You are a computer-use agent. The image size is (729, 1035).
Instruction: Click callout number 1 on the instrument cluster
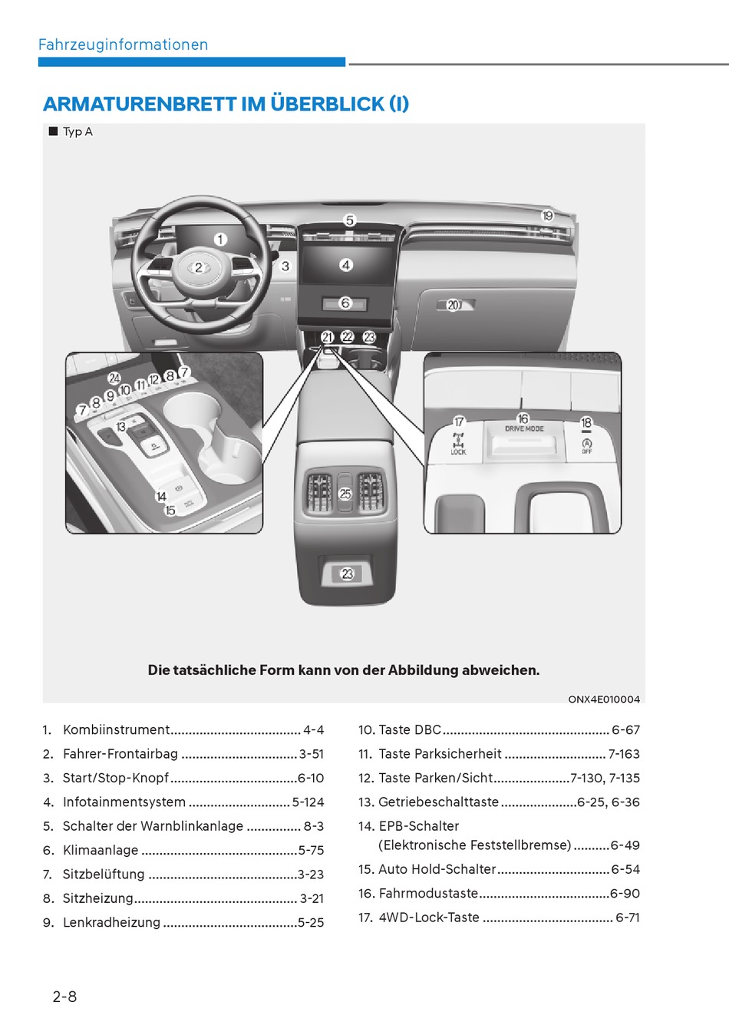tap(220, 240)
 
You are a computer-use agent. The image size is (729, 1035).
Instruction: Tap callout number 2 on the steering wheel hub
tap(199, 267)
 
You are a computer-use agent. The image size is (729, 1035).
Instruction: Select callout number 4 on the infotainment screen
tap(346, 265)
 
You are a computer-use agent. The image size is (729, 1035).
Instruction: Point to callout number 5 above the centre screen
tap(349, 220)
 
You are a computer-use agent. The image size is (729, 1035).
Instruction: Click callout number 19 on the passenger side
tap(547, 216)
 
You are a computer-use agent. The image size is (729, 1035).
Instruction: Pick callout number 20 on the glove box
tap(453, 305)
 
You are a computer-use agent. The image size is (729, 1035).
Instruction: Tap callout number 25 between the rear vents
tap(345, 494)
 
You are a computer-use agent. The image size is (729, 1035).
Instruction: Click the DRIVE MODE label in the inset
tap(524, 429)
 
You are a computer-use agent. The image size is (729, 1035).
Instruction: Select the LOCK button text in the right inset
tap(458, 452)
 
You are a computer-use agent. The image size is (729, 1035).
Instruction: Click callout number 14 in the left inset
tap(161, 497)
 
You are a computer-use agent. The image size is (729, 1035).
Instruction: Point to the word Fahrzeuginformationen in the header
tap(123, 45)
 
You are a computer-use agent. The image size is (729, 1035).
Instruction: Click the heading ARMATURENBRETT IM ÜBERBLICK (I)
tap(226, 104)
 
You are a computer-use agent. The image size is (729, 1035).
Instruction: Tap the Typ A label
tap(78, 131)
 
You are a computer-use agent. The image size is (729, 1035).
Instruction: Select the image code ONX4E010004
tap(604, 699)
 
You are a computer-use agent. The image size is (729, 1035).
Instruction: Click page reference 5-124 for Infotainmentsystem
tap(308, 802)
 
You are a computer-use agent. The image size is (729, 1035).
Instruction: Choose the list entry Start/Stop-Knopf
tap(115, 778)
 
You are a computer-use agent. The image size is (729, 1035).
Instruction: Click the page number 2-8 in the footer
tap(64, 997)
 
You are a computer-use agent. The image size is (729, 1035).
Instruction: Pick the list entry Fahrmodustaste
tap(428, 894)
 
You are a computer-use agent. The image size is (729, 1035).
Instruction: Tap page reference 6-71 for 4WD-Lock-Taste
tap(628, 918)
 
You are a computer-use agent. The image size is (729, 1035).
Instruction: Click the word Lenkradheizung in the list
tap(111, 922)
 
